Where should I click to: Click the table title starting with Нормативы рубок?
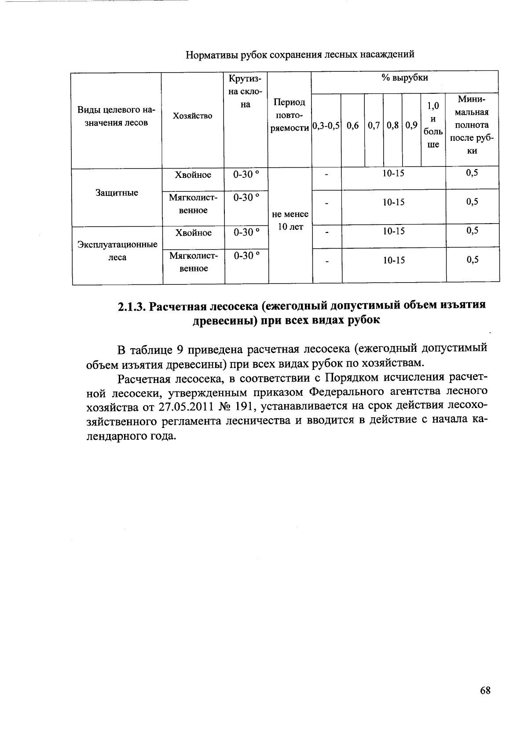click(x=300, y=55)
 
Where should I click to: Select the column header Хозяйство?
click(x=193, y=116)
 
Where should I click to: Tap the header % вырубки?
click(x=404, y=78)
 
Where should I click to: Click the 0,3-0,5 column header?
click(x=326, y=126)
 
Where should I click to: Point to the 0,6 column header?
click(x=352, y=126)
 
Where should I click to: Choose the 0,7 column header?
click(x=374, y=126)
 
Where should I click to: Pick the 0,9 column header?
click(x=411, y=126)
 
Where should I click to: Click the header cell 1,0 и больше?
click(x=433, y=125)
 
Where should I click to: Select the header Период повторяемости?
click(x=289, y=115)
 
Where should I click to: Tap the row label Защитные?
click(x=117, y=193)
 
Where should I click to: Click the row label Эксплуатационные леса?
click(x=117, y=251)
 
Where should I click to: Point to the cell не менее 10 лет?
click(x=290, y=221)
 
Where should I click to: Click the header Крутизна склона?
click(x=246, y=92)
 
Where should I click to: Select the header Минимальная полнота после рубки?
click(x=472, y=125)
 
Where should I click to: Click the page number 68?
click(x=485, y=690)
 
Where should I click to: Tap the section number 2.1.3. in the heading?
click(x=132, y=306)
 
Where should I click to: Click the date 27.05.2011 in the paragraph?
click(x=161, y=406)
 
